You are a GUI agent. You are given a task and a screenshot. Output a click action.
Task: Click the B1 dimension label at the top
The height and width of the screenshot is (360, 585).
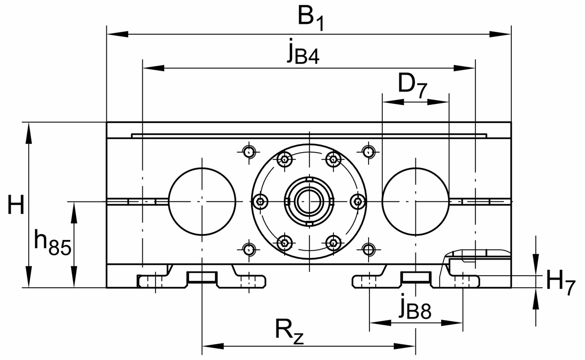(310, 19)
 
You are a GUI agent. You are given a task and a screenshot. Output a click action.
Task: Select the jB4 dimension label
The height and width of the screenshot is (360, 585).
(303, 53)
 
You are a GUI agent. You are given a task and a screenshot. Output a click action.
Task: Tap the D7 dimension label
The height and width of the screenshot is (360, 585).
(412, 86)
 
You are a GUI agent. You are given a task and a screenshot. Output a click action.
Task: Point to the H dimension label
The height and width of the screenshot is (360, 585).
(16, 205)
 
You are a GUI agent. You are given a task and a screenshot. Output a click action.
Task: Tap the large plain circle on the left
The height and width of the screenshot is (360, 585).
(201, 201)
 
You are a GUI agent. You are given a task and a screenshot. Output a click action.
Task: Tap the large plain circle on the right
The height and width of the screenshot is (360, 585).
(415, 201)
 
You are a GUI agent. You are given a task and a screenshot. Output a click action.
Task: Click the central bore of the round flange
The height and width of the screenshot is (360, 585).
(309, 201)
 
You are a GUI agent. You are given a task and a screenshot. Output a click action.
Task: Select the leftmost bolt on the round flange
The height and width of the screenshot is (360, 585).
(261, 201)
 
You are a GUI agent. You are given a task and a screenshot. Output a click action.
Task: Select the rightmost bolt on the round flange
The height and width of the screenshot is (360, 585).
(358, 201)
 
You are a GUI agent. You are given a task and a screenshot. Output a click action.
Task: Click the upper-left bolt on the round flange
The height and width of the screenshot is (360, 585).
(285, 159)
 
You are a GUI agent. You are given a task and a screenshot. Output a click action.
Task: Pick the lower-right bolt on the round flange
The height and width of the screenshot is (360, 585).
(333, 242)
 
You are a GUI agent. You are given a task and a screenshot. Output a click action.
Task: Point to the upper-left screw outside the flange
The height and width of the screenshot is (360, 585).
(249, 152)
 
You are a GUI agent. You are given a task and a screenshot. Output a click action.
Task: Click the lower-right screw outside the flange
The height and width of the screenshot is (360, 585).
(369, 250)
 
